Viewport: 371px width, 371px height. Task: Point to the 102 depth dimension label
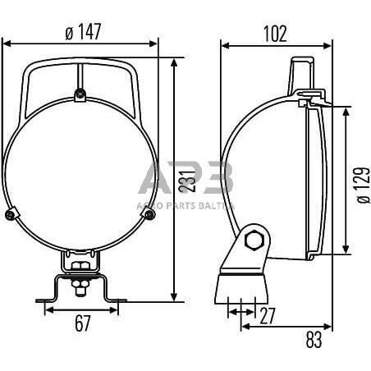[276, 33]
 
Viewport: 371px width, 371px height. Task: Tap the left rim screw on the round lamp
[9, 215]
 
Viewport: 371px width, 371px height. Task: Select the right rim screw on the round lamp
[149, 215]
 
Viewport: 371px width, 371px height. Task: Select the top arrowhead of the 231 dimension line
[175, 62]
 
